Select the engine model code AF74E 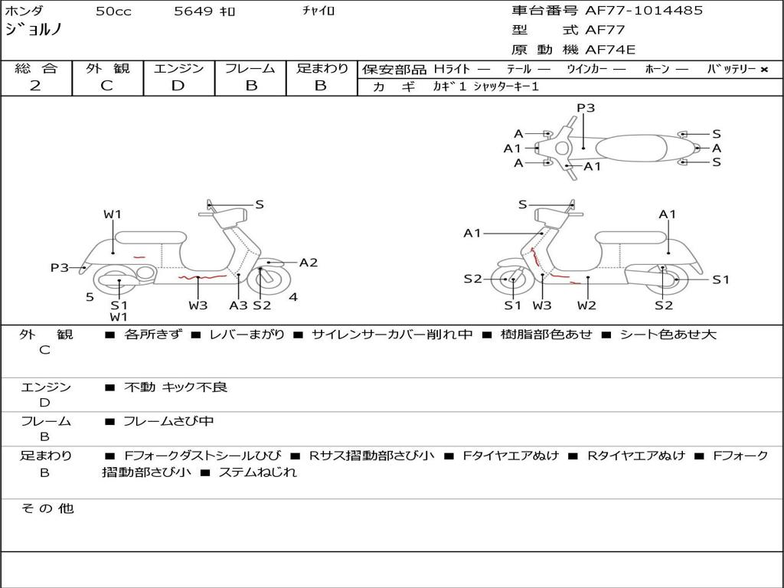[610, 50]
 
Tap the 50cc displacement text [113, 11]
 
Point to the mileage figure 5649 [194, 11]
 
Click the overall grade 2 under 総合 [35, 86]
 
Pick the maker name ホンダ [24, 11]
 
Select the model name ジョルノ [33, 29]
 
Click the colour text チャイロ [318, 11]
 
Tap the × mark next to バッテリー [764, 70]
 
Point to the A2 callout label [309, 263]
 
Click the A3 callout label [239, 305]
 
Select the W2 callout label [586, 305]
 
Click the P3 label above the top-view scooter [586, 108]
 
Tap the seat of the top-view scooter [631, 149]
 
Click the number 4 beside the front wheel [293, 297]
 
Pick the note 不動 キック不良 [175, 387]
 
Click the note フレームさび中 [168, 422]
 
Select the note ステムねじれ [257, 472]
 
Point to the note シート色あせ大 [668, 335]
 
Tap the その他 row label [47, 508]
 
